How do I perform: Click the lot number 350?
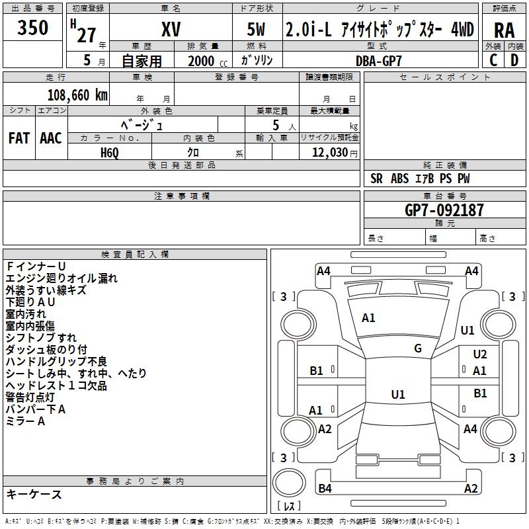coord(32,28)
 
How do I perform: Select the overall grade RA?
coord(504,30)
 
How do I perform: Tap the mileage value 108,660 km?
coord(77,95)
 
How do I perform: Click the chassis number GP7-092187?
coord(444,210)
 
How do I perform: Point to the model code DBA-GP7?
coord(378,61)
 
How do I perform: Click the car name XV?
coord(171,29)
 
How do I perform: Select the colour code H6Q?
coord(110,153)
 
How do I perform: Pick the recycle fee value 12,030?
coord(329,153)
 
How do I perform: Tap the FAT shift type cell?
coord(19,138)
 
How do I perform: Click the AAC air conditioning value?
coord(51,138)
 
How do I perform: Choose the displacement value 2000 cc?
coord(208,61)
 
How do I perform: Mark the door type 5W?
coord(257,29)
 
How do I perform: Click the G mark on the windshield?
coord(418,348)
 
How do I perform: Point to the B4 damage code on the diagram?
coord(325,488)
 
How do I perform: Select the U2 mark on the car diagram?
coord(480,354)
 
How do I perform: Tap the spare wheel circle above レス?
coord(289,482)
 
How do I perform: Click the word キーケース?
coord(34,494)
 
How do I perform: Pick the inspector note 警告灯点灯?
coord(30,397)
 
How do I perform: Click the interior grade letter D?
coord(514,60)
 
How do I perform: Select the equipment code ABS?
coord(399,179)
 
